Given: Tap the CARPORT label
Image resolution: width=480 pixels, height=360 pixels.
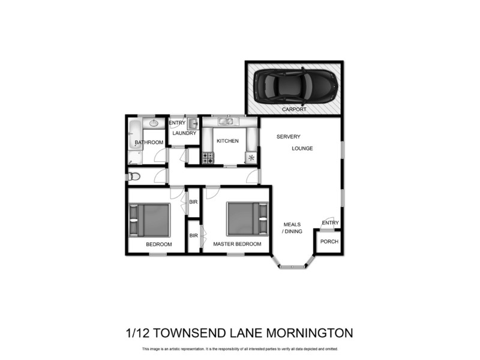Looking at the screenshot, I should coord(294,110).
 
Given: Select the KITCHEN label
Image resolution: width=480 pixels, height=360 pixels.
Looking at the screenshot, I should coord(227,141).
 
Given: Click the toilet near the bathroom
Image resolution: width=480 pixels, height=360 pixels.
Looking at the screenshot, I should coord(134,176).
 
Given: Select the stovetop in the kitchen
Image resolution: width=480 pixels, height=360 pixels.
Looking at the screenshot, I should coord(208,158).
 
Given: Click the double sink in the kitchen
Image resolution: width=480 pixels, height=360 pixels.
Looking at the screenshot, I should coord(226,122).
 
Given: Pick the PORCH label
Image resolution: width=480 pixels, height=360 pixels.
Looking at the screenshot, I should coord(329,242).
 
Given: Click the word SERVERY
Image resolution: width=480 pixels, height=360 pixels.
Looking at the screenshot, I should coord(288,137).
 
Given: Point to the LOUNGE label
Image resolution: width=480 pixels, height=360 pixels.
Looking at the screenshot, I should coord(303,148).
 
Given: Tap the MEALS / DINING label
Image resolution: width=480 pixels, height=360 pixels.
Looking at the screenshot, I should coord(292,228).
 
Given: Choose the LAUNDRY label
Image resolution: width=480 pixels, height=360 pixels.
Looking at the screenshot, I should coord(184,133).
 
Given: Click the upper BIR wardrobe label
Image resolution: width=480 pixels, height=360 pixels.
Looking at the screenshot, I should coord(193,202).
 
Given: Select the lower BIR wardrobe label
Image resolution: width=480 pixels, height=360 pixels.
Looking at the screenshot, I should coord(193,236).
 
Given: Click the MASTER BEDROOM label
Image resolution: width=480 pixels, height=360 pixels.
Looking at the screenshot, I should coord(237,244).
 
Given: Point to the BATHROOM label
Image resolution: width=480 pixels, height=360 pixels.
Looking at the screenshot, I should coord(149,142).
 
